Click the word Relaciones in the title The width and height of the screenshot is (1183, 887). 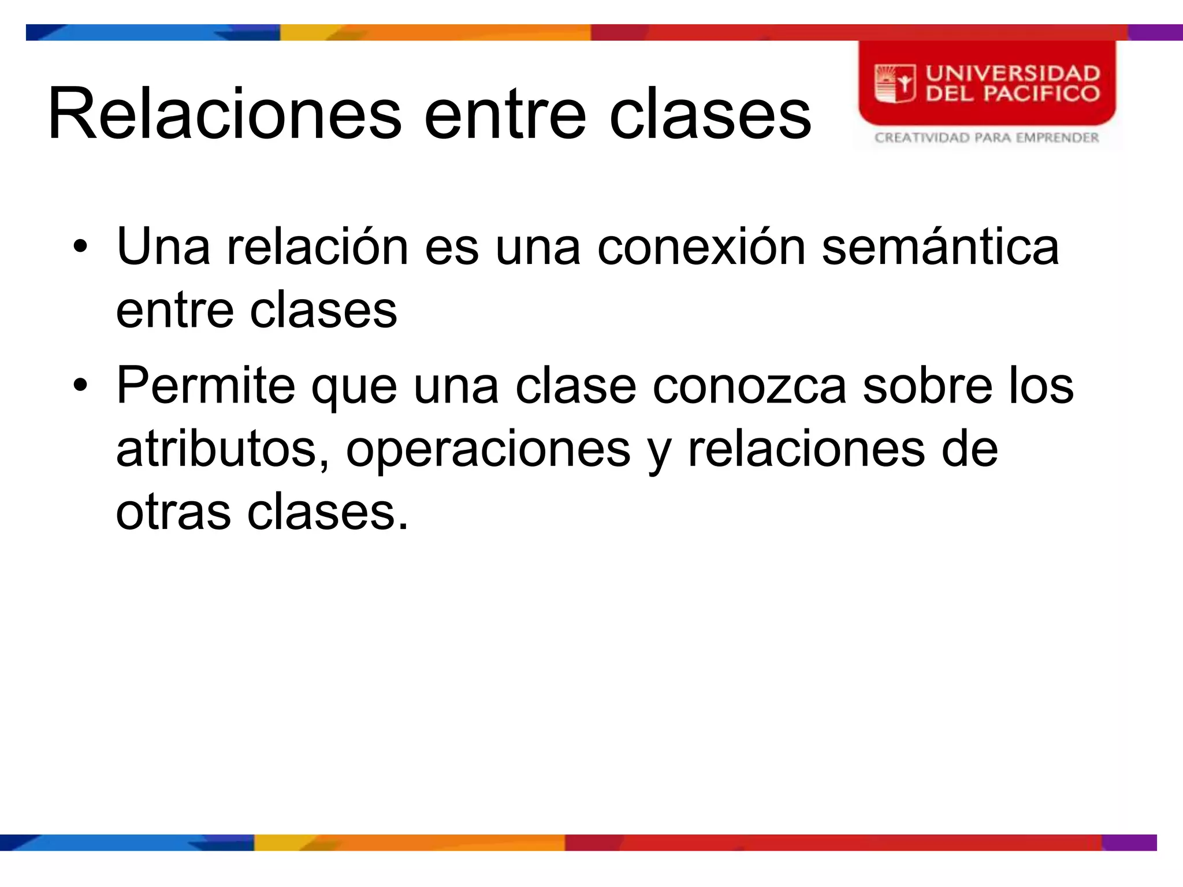coord(225,113)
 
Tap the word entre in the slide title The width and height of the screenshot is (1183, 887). coord(505,114)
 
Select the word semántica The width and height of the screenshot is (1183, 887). coord(940,247)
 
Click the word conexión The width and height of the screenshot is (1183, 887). coord(701,247)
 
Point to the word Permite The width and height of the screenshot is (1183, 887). coord(206,385)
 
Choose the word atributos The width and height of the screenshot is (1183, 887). coord(222,450)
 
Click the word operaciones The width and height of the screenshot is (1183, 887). coord(488,450)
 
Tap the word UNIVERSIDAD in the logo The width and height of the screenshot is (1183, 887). coord(1013,73)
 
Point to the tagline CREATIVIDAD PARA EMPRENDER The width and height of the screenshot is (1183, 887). coord(986,137)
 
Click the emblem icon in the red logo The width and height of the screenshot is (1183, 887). coord(895,83)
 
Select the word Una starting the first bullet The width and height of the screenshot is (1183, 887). coord(163,247)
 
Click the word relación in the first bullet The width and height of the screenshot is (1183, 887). coord(317,247)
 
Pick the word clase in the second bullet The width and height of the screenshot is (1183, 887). coord(575,385)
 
